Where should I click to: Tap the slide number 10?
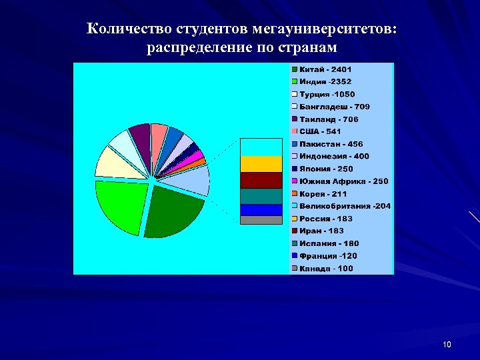coord(446,345)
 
